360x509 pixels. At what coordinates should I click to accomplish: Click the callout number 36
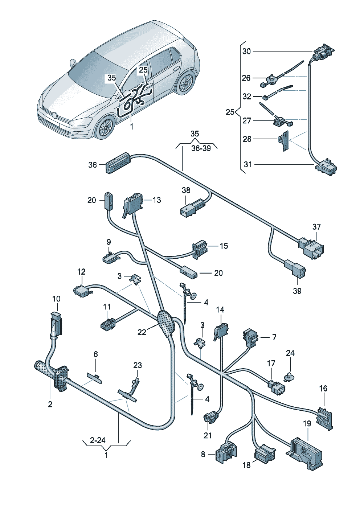[93, 165]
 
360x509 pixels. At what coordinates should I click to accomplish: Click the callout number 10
[56, 299]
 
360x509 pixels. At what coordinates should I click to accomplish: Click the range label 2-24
[98, 440]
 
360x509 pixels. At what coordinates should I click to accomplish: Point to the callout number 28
[247, 139]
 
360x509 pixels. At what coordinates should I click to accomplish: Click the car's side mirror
[73, 63]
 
